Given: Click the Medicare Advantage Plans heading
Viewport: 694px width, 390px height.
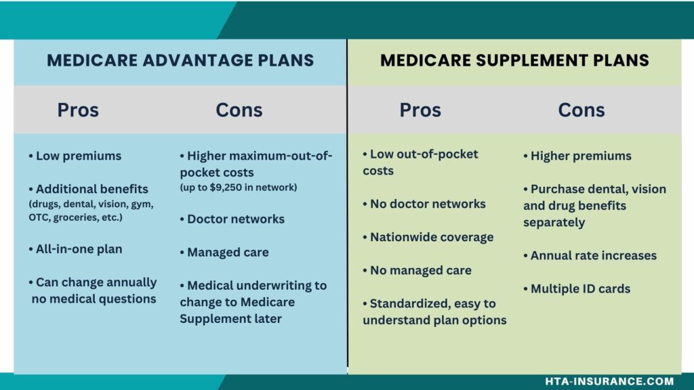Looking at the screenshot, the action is click(180, 60).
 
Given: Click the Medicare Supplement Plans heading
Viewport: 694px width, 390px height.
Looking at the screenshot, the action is click(515, 60).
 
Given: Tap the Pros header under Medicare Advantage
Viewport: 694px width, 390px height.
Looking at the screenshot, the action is click(78, 110).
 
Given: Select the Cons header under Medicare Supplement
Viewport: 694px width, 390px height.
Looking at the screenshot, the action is click(581, 110).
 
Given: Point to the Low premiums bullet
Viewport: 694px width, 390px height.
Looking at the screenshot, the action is click(75, 156).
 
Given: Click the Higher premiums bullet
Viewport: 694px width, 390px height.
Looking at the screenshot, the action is click(577, 156).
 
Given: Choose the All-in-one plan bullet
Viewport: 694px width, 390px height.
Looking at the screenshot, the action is click(75, 249).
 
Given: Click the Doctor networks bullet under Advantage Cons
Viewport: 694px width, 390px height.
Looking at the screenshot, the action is click(232, 219).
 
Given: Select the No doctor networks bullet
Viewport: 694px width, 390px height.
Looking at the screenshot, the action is click(424, 204).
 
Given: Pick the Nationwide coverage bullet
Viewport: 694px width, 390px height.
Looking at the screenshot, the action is click(428, 237).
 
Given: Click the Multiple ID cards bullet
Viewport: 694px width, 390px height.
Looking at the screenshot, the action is click(577, 288).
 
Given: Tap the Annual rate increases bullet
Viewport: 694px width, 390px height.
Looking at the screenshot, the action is click(590, 255).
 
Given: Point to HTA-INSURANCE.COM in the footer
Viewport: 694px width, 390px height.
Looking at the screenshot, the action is click(609, 381).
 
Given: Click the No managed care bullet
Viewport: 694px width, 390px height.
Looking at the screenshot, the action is click(417, 270).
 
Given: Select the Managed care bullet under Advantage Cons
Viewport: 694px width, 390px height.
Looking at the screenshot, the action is click(224, 252).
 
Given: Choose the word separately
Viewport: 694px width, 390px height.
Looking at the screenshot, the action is click(554, 222).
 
